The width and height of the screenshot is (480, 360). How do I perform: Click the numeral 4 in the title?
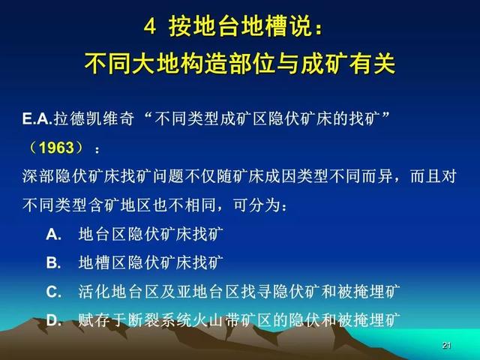[x=150, y=27]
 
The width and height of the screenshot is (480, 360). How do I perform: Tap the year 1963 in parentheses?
[x=57, y=148]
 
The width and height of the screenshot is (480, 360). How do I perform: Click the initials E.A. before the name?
[x=37, y=118]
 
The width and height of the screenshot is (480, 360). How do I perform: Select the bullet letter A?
[x=53, y=235]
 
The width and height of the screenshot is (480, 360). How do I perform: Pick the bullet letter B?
[x=53, y=262]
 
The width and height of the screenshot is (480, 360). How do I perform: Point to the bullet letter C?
[x=53, y=292]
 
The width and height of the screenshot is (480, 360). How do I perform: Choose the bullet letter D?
[x=54, y=320]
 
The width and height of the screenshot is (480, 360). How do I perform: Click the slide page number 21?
[x=447, y=345]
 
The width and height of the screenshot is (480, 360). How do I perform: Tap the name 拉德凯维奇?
[x=94, y=118]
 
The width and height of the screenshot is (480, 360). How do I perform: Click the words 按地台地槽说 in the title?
[x=241, y=27]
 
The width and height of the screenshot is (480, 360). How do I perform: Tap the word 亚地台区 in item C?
[x=208, y=292]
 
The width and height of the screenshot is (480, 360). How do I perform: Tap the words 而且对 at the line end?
[x=433, y=176]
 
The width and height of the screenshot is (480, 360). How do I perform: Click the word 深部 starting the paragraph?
[x=38, y=176]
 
